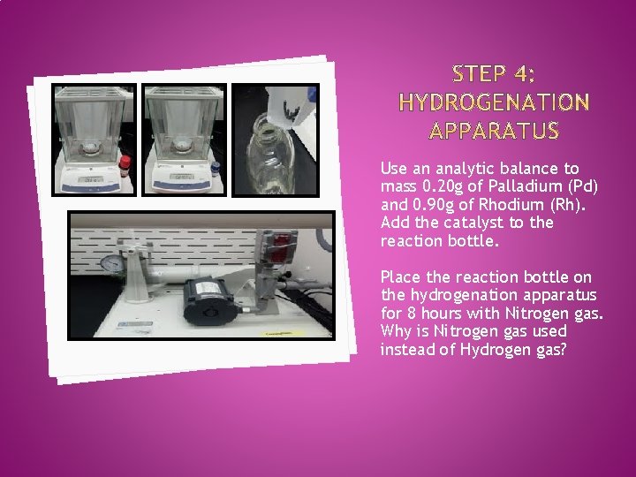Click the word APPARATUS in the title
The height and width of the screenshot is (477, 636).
pos(494,132)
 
